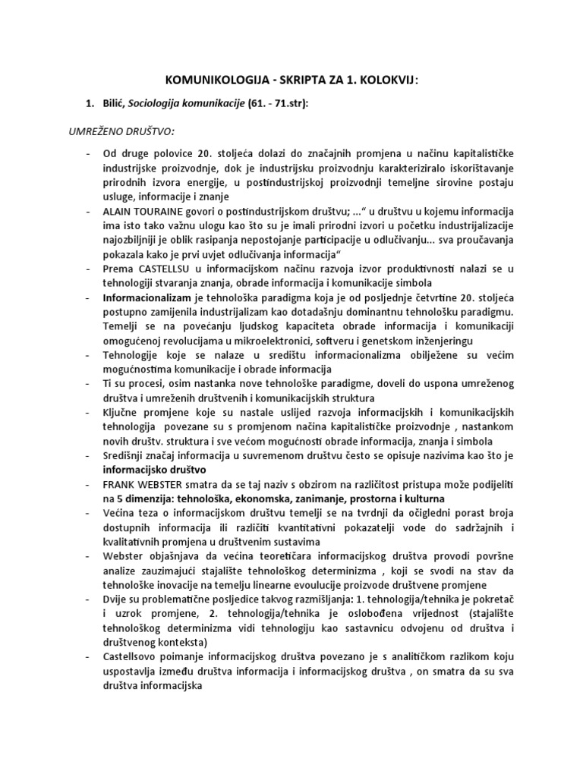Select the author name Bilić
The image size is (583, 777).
(116, 104)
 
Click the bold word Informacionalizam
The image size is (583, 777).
(150, 300)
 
